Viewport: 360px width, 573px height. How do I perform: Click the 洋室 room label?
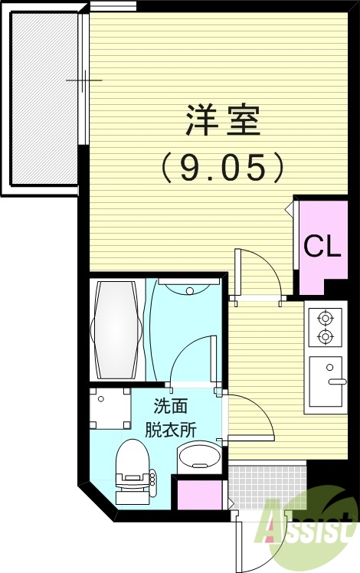pyautogui.click(x=223, y=121)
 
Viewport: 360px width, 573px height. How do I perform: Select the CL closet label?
pyautogui.click(x=322, y=246)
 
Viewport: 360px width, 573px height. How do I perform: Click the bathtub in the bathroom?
pyautogui.click(x=117, y=329)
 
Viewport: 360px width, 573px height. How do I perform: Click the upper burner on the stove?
pyautogui.click(x=326, y=318)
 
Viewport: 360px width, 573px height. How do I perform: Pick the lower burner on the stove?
pyautogui.click(x=326, y=336)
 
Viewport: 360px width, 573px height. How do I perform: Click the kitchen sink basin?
pyautogui.click(x=326, y=381)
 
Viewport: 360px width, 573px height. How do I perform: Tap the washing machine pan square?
pyautogui.click(x=110, y=408)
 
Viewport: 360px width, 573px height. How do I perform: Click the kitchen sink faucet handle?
pyautogui.click(x=337, y=381)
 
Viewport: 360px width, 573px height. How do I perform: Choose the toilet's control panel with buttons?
pyautogui.click(x=152, y=478)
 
